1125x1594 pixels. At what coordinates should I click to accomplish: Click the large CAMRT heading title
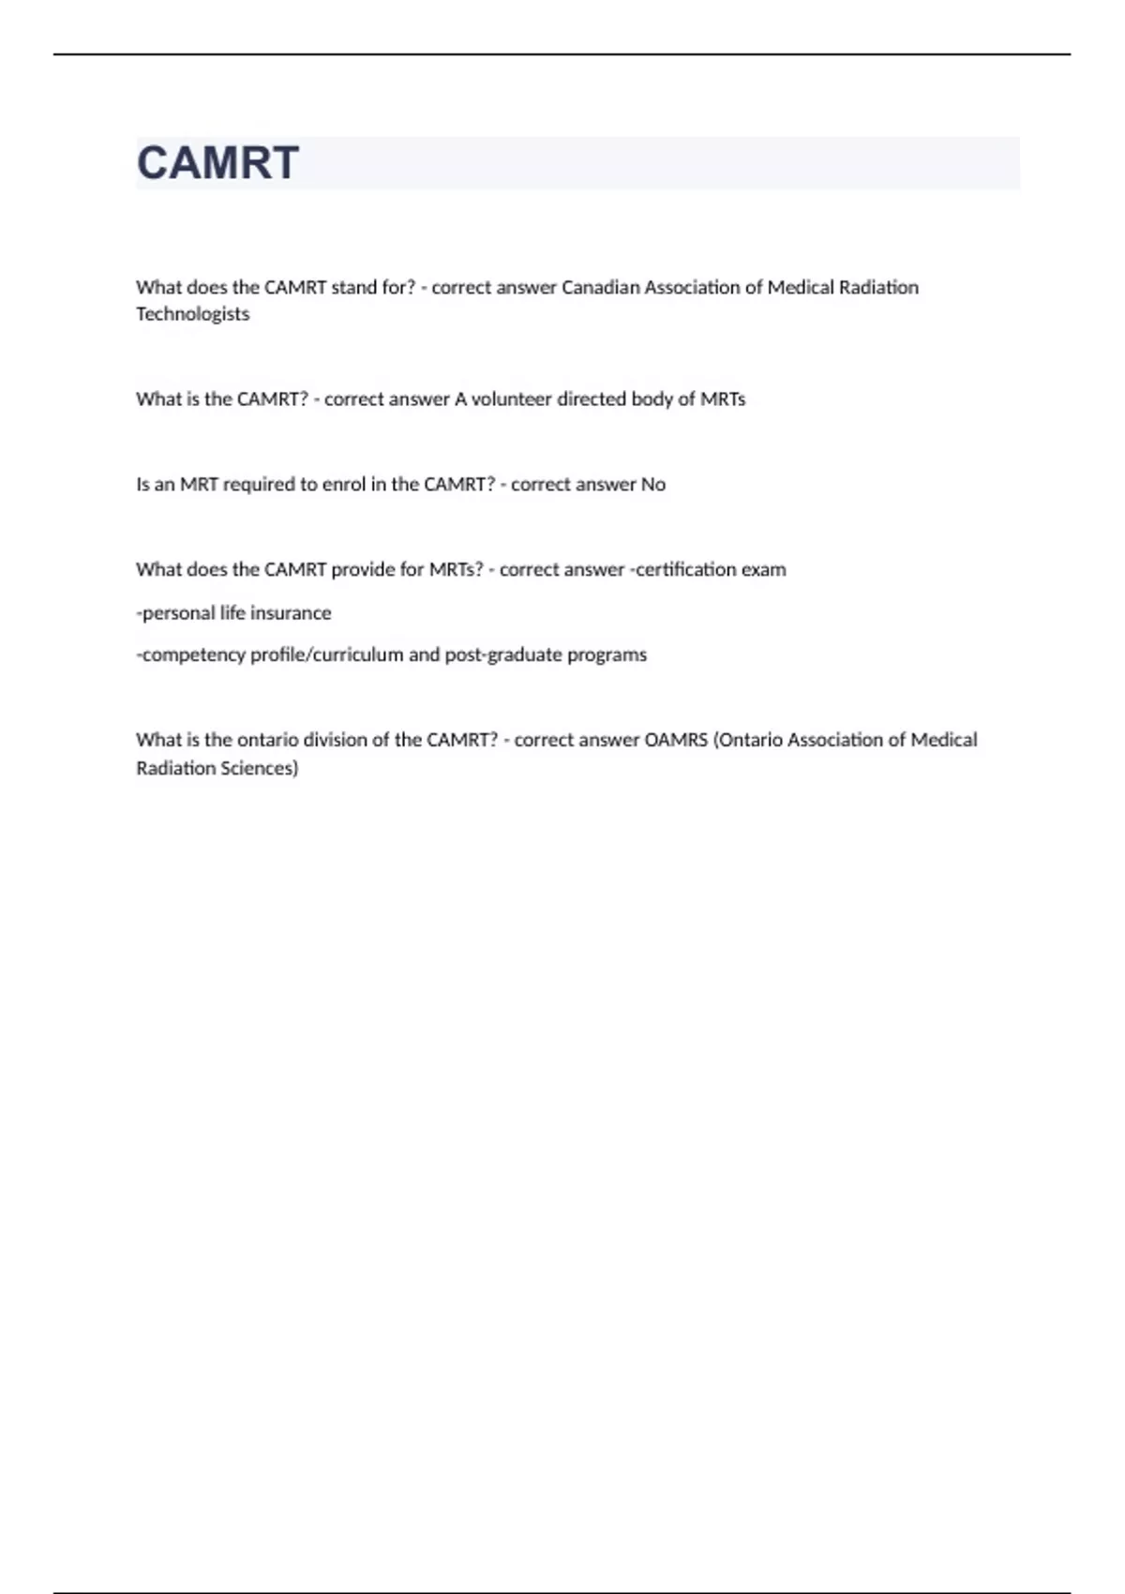coord(218,163)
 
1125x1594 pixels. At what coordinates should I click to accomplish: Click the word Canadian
coord(600,288)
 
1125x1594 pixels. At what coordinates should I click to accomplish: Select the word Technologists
coord(192,314)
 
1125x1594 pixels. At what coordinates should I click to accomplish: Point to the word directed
coord(592,399)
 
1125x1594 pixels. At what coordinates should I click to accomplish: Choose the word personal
coord(177,613)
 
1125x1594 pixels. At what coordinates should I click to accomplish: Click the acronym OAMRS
coord(676,740)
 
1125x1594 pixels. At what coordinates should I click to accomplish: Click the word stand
coord(352,288)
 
